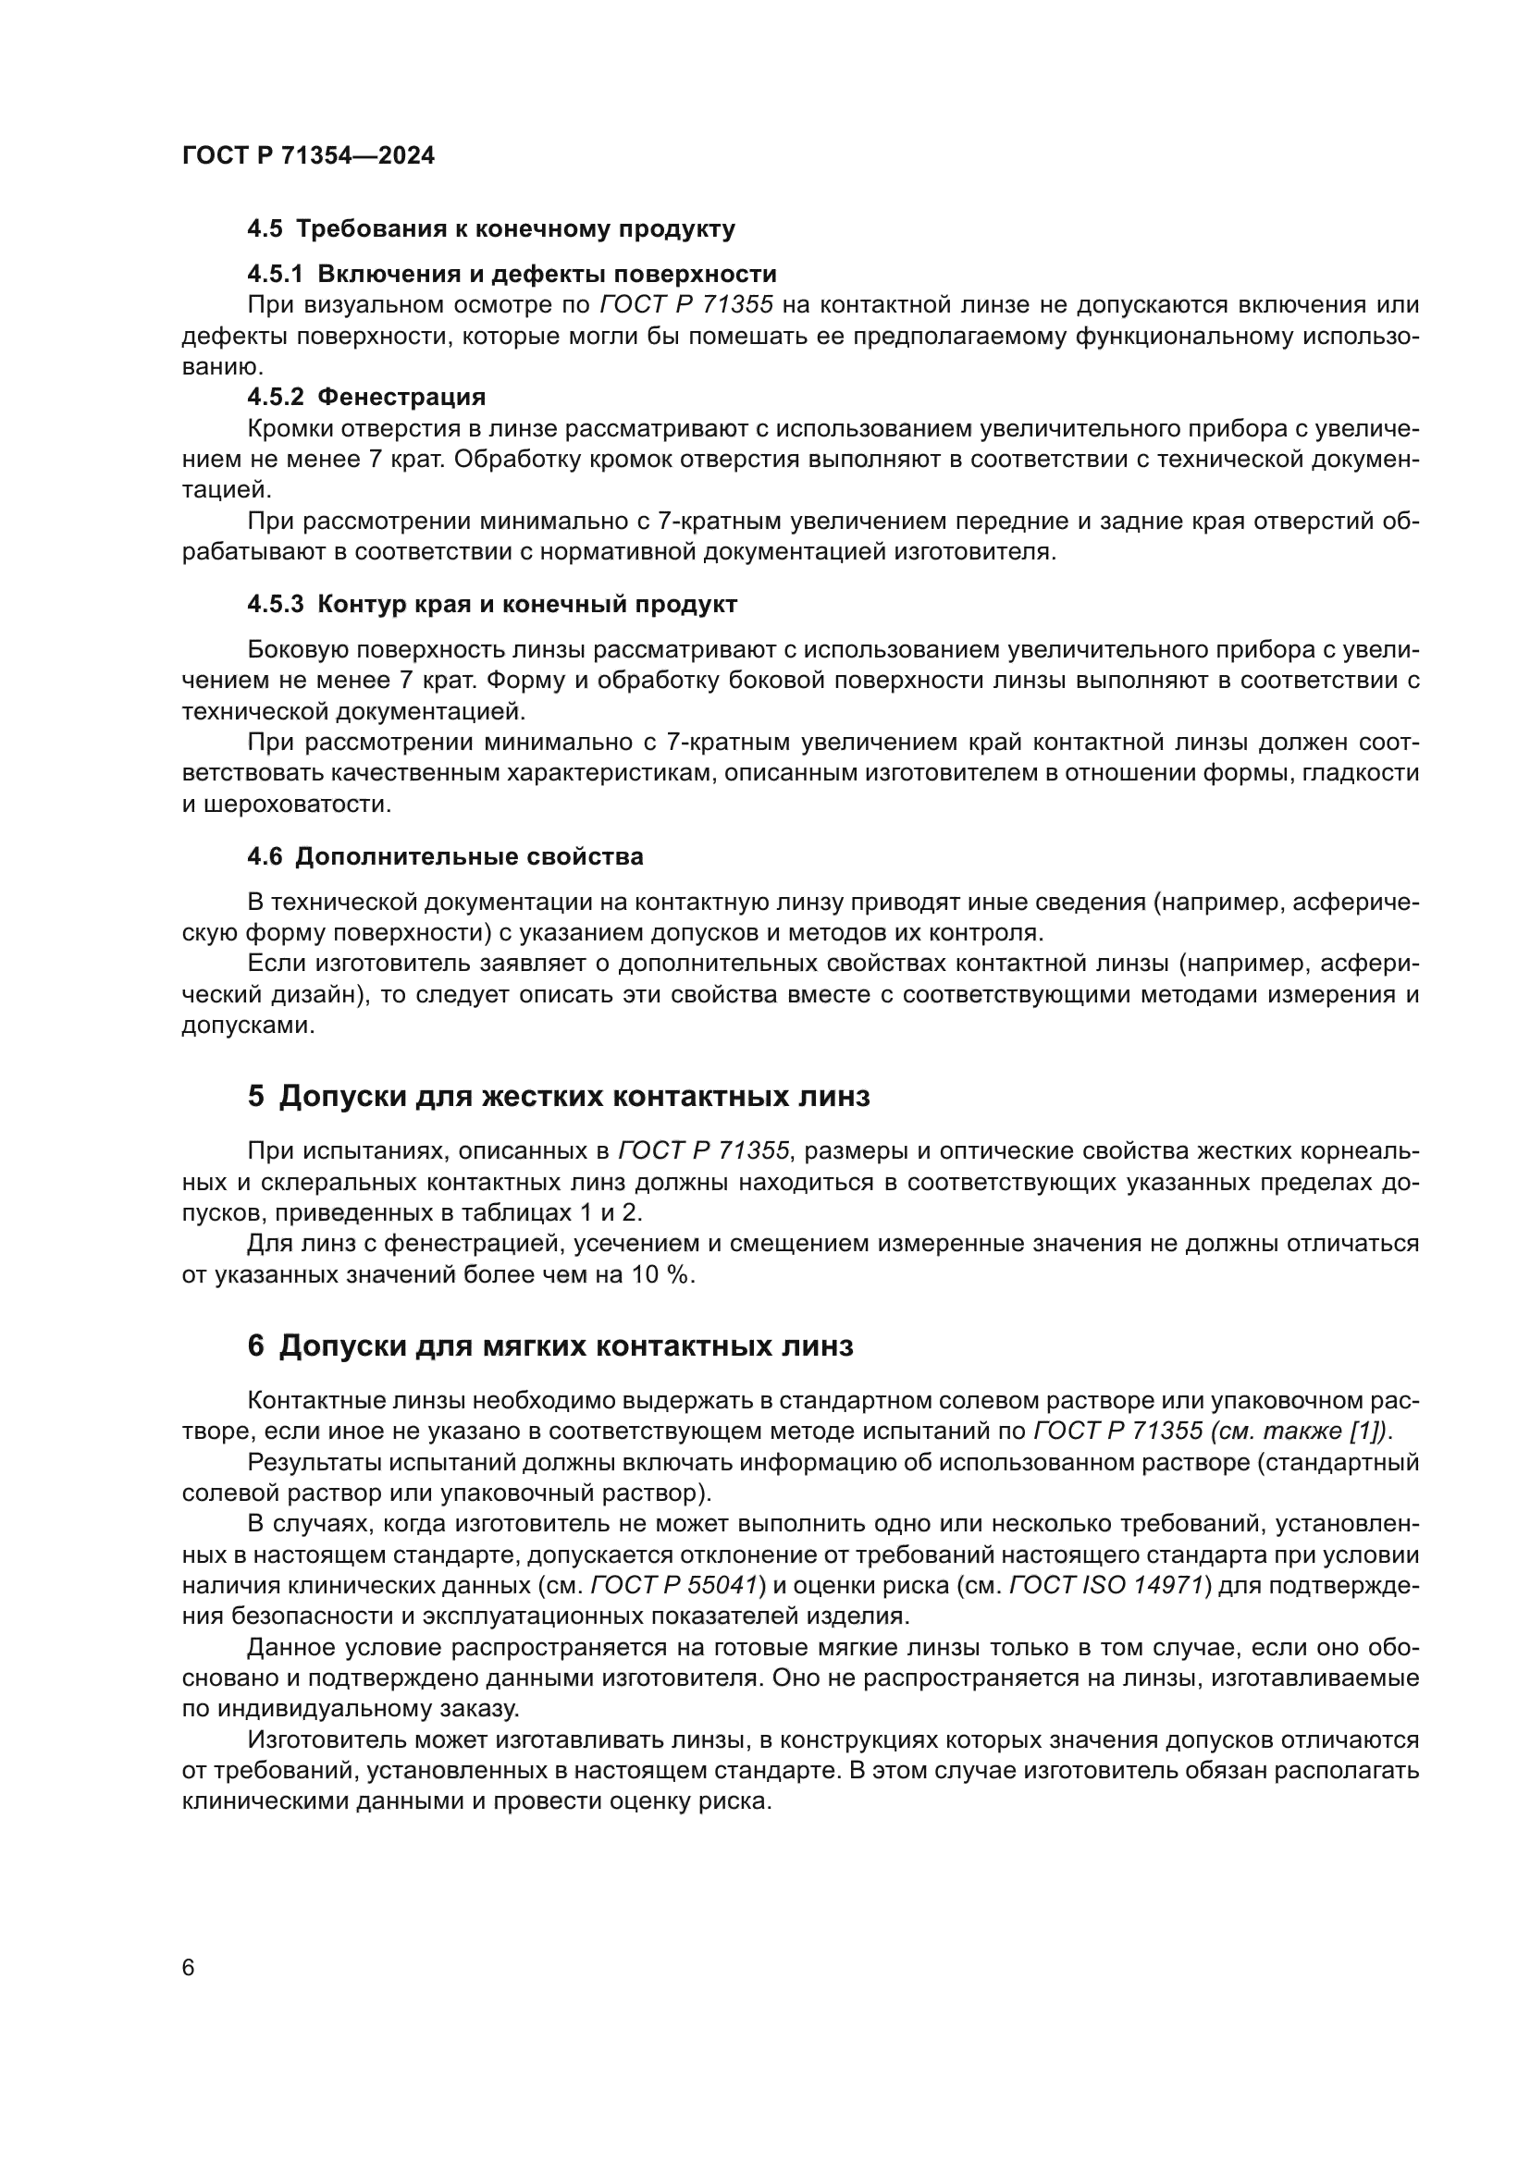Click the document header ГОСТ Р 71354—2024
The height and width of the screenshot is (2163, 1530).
tap(308, 155)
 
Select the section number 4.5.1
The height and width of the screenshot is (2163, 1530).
tap(275, 274)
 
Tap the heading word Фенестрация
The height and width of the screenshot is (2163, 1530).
tap(401, 397)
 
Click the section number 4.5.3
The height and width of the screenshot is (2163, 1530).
tap(275, 604)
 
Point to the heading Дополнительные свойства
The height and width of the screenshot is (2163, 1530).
tap(469, 856)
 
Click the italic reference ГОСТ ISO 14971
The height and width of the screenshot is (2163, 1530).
tap(1108, 1586)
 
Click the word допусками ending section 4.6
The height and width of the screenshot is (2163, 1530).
tap(246, 1025)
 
